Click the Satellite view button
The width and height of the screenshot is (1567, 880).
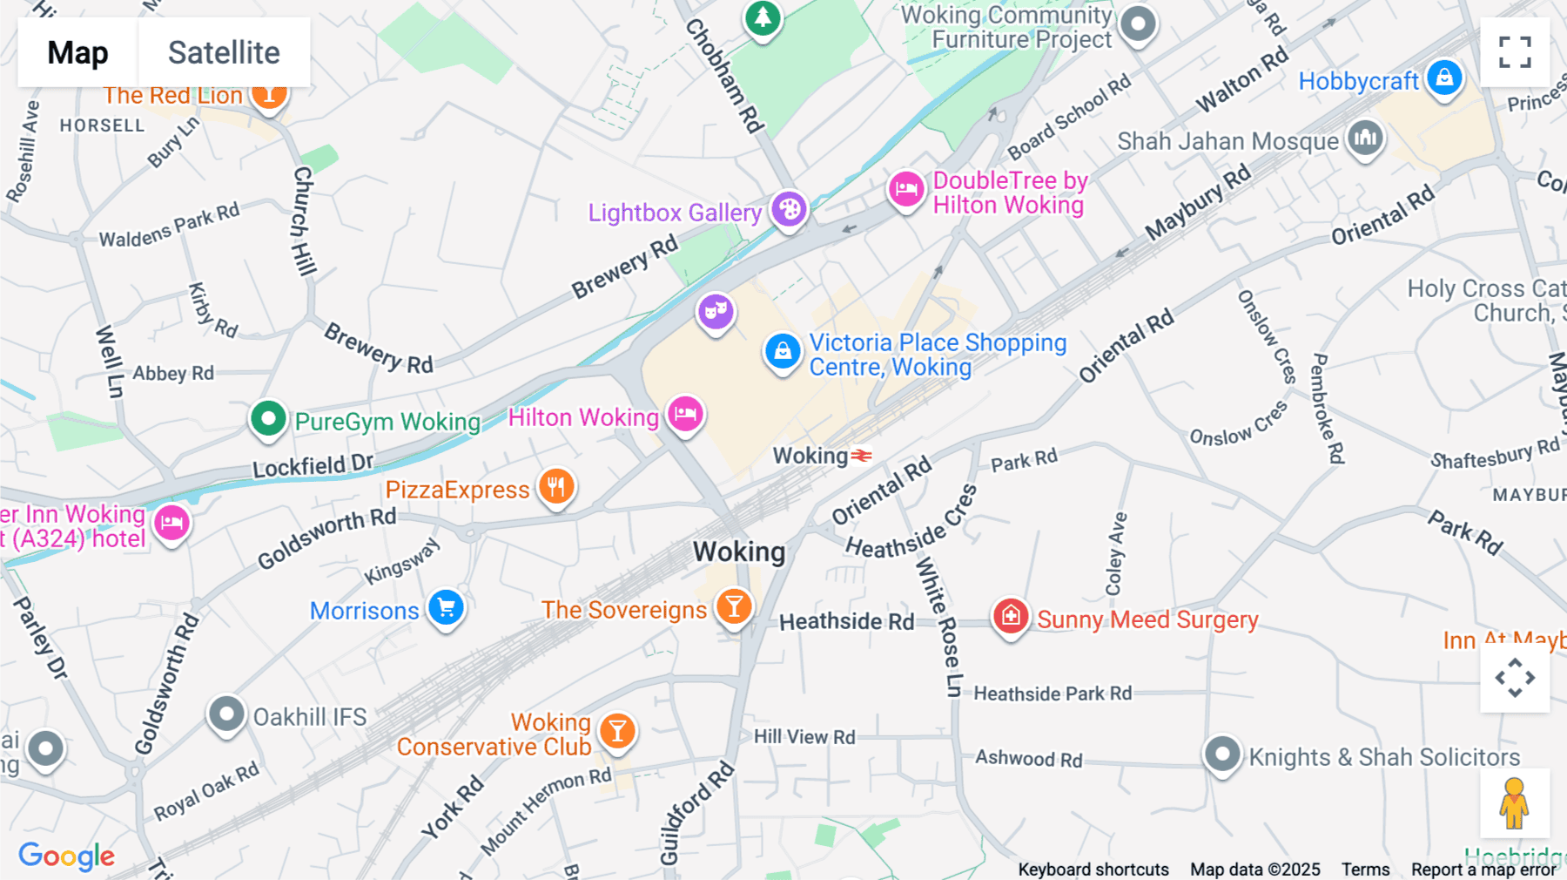coord(224,52)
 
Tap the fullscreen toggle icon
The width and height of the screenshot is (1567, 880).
coord(1515,52)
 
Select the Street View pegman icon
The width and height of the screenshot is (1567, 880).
coord(1514,802)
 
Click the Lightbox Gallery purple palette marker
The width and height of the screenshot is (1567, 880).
coord(790,210)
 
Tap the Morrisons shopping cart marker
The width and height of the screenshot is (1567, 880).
coord(447,608)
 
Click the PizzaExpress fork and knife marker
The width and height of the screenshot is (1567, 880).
coord(556,486)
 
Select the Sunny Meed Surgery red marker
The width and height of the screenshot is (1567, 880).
coord(1011,616)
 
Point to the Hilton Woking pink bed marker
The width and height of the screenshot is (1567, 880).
coord(686,414)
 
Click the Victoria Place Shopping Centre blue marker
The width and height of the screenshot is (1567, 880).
coord(783,351)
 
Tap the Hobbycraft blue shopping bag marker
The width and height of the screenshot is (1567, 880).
coord(1444,78)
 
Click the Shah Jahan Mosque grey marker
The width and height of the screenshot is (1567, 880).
coord(1365,138)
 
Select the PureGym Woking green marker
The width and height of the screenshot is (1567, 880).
coord(268,419)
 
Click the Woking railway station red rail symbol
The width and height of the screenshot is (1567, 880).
coord(862,456)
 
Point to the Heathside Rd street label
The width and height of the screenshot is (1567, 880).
coord(846,621)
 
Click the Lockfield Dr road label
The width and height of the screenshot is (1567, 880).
coord(313,465)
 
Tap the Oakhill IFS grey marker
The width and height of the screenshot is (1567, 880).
coord(226,714)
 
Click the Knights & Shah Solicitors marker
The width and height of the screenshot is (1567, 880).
coord(1221,754)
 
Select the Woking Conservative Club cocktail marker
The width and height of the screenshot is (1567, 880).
coord(617,731)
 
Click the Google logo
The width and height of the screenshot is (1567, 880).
coord(66,856)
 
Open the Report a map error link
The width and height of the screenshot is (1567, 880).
coord(1483,869)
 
